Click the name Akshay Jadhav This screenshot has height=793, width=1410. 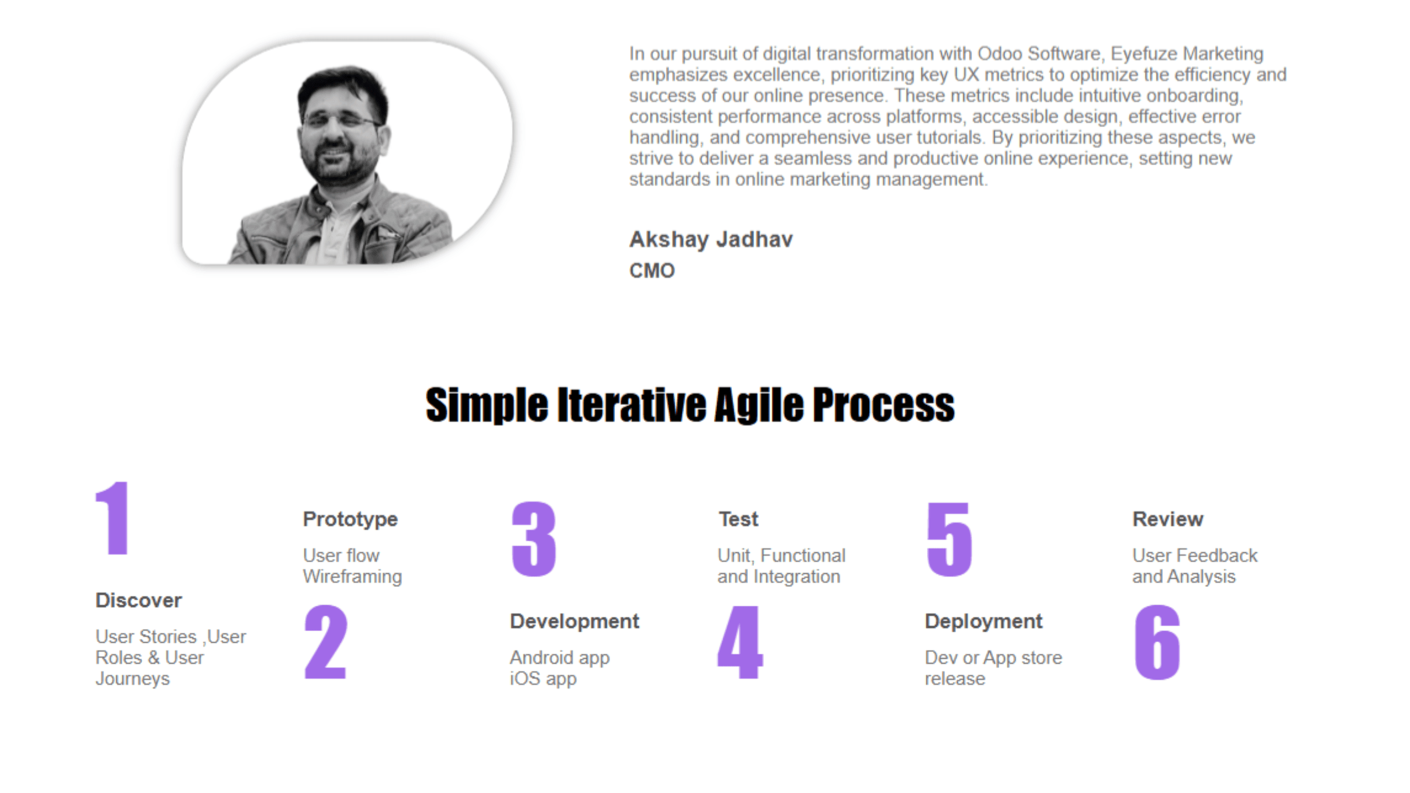coord(711,240)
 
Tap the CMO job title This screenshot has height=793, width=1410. coord(652,270)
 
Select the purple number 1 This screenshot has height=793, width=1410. coord(113,517)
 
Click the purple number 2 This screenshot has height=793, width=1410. coord(326,642)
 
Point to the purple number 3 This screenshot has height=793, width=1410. coord(534,539)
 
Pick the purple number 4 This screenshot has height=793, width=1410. coord(740,642)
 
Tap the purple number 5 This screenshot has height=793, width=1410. coord(950,539)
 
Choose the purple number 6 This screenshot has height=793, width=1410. coord(1157,642)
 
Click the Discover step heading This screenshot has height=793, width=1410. coord(138,600)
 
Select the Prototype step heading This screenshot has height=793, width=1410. coord(350,519)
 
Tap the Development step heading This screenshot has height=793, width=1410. coord(574,621)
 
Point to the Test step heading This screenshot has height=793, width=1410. coord(739,519)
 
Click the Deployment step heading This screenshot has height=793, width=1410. coord(984,622)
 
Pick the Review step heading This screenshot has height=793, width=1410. coord(1168,519)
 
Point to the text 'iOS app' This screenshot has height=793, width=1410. coord(543,679)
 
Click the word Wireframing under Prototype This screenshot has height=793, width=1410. coord(352,577)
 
